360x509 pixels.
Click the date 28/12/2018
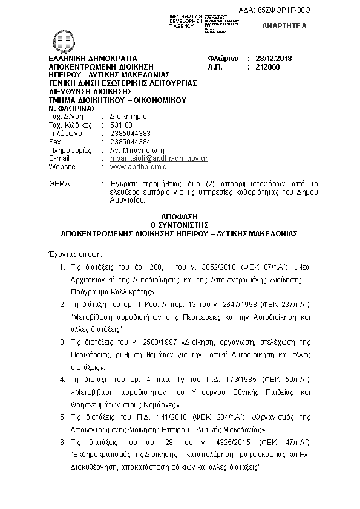click(x=273, y=57)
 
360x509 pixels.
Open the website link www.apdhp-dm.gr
click(x=139, y=166)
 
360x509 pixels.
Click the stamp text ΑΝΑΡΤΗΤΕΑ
click(x=284, y=26)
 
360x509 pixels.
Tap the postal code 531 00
click(x=121, y=125)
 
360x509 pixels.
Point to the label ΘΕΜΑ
click(x=59, y=183)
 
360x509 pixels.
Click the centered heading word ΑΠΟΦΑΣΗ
click(x=180, y=216)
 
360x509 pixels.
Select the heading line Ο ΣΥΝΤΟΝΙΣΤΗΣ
click(x=180, y=224)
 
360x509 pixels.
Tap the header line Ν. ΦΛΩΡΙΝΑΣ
click(x=70, y=108)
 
